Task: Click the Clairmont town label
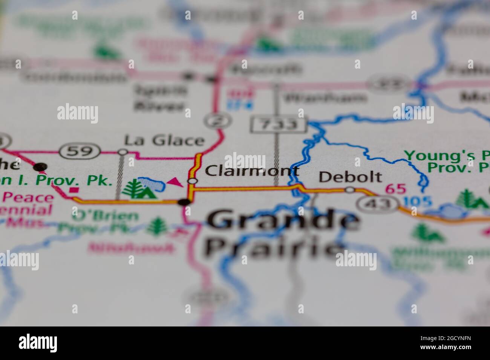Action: click(x=252, y=171)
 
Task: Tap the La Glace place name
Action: click(x=164, y=140)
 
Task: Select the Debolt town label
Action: click(x=350, y=177)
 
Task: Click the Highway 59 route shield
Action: click(x=80, y=151)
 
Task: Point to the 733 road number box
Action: click(x=278, y=125)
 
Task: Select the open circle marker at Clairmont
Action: click(x=192, y=182)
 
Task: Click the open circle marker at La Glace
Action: click(x=123, y=152)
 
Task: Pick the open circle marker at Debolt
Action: click(x=350, y=190)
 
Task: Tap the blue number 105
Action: click(x=418, y=201)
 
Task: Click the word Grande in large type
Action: click(x=283, y=220)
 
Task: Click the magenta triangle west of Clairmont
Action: click(x=175, y=182)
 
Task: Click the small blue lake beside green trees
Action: click(x=153, y=184)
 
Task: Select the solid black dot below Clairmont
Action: click(x=184, y=202)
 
